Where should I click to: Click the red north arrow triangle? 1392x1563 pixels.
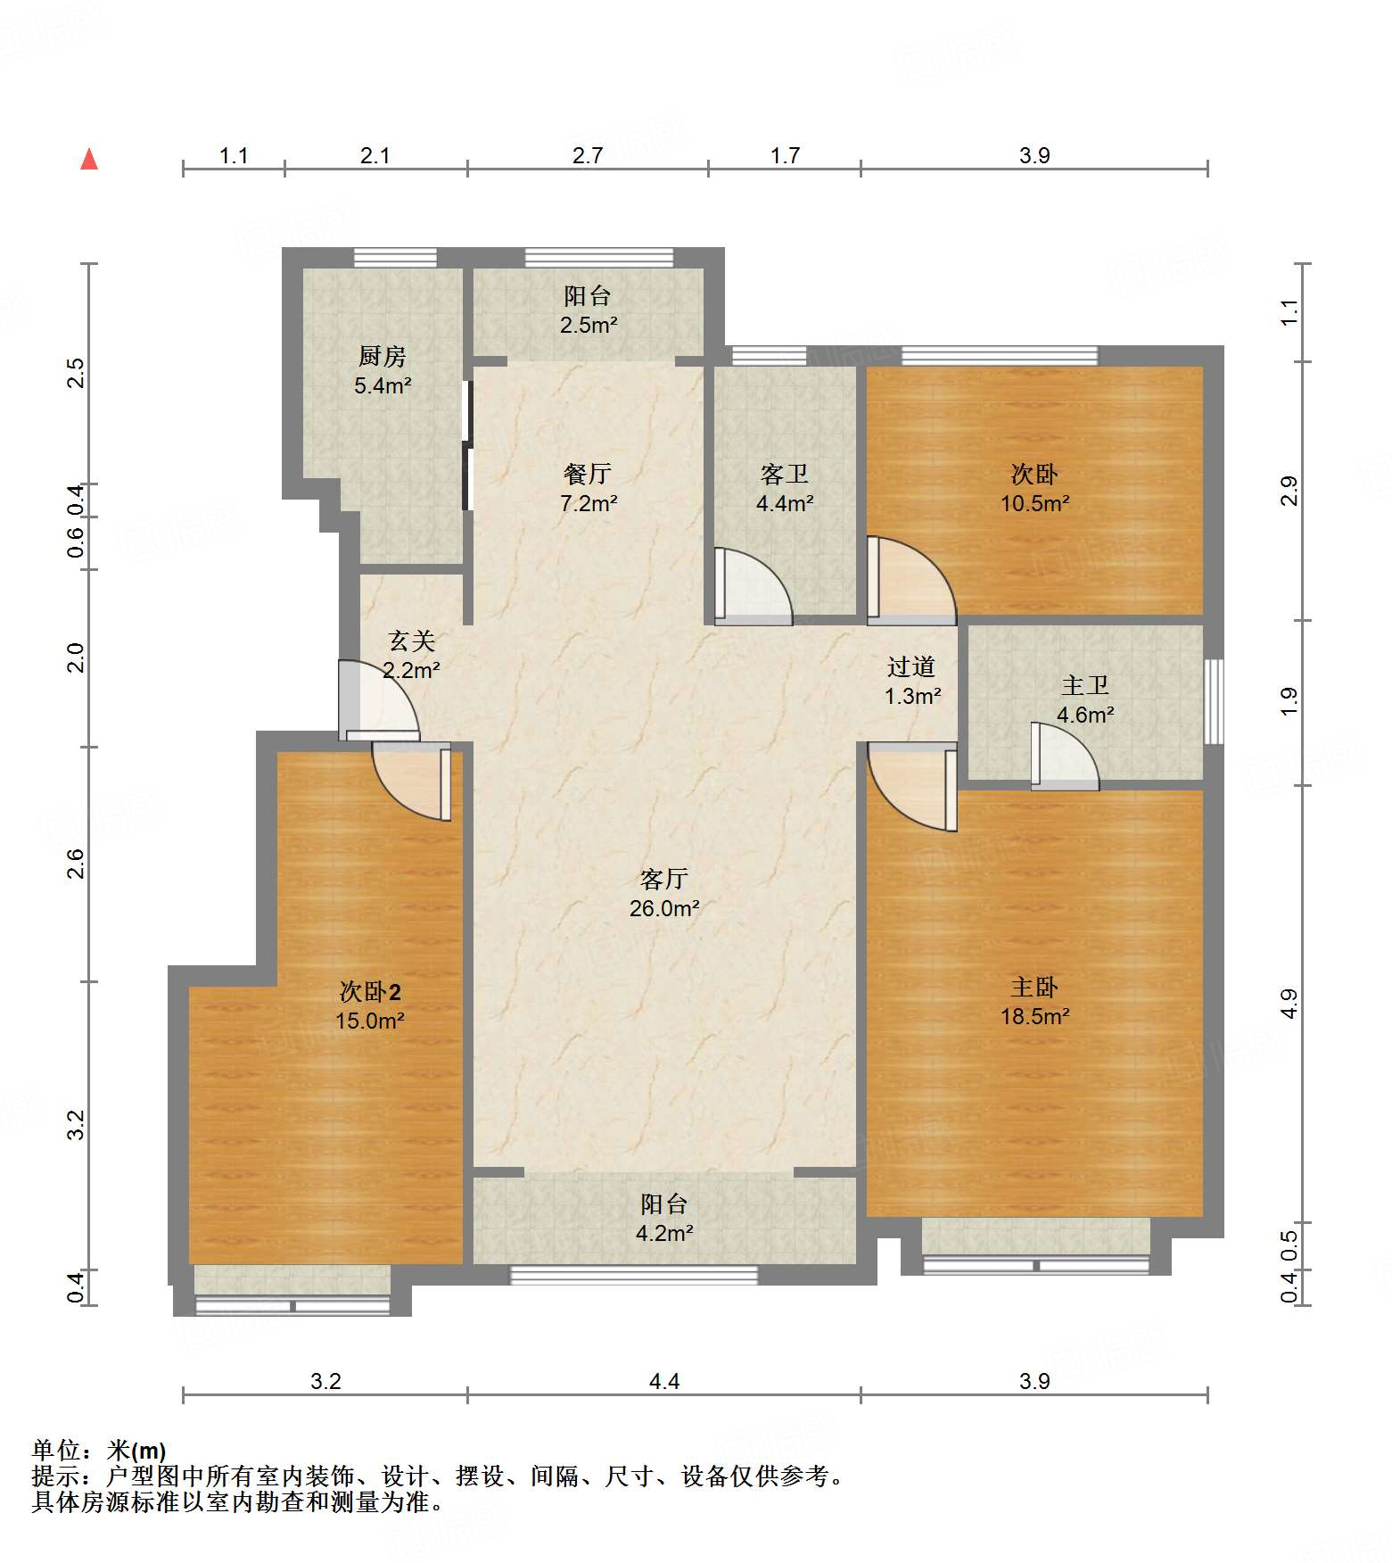89,160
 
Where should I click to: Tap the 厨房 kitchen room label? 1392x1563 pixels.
383,370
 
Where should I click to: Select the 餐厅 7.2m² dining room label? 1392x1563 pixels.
588,488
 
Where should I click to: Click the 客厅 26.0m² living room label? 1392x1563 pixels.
664,893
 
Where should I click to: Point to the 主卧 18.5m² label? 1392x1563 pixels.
1034,1001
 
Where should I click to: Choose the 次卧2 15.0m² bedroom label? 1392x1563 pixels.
370,1005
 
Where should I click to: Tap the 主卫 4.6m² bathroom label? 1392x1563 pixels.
1085,699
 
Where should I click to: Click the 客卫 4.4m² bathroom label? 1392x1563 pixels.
785,488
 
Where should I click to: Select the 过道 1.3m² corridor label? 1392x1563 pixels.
911,681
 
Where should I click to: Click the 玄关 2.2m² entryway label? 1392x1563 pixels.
411,655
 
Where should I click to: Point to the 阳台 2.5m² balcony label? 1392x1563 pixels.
588,310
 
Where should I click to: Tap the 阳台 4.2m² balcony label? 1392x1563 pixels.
664,1218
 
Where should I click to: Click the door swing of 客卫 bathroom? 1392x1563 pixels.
754,587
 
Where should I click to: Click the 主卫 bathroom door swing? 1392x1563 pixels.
1065,757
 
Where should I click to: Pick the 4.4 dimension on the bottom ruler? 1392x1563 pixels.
664,1381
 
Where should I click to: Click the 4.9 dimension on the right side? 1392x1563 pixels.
1289,1004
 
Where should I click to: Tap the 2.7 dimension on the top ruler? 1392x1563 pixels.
588,155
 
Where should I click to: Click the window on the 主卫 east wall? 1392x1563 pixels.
1214,701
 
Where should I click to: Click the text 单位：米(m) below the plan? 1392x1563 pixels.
99,1451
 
